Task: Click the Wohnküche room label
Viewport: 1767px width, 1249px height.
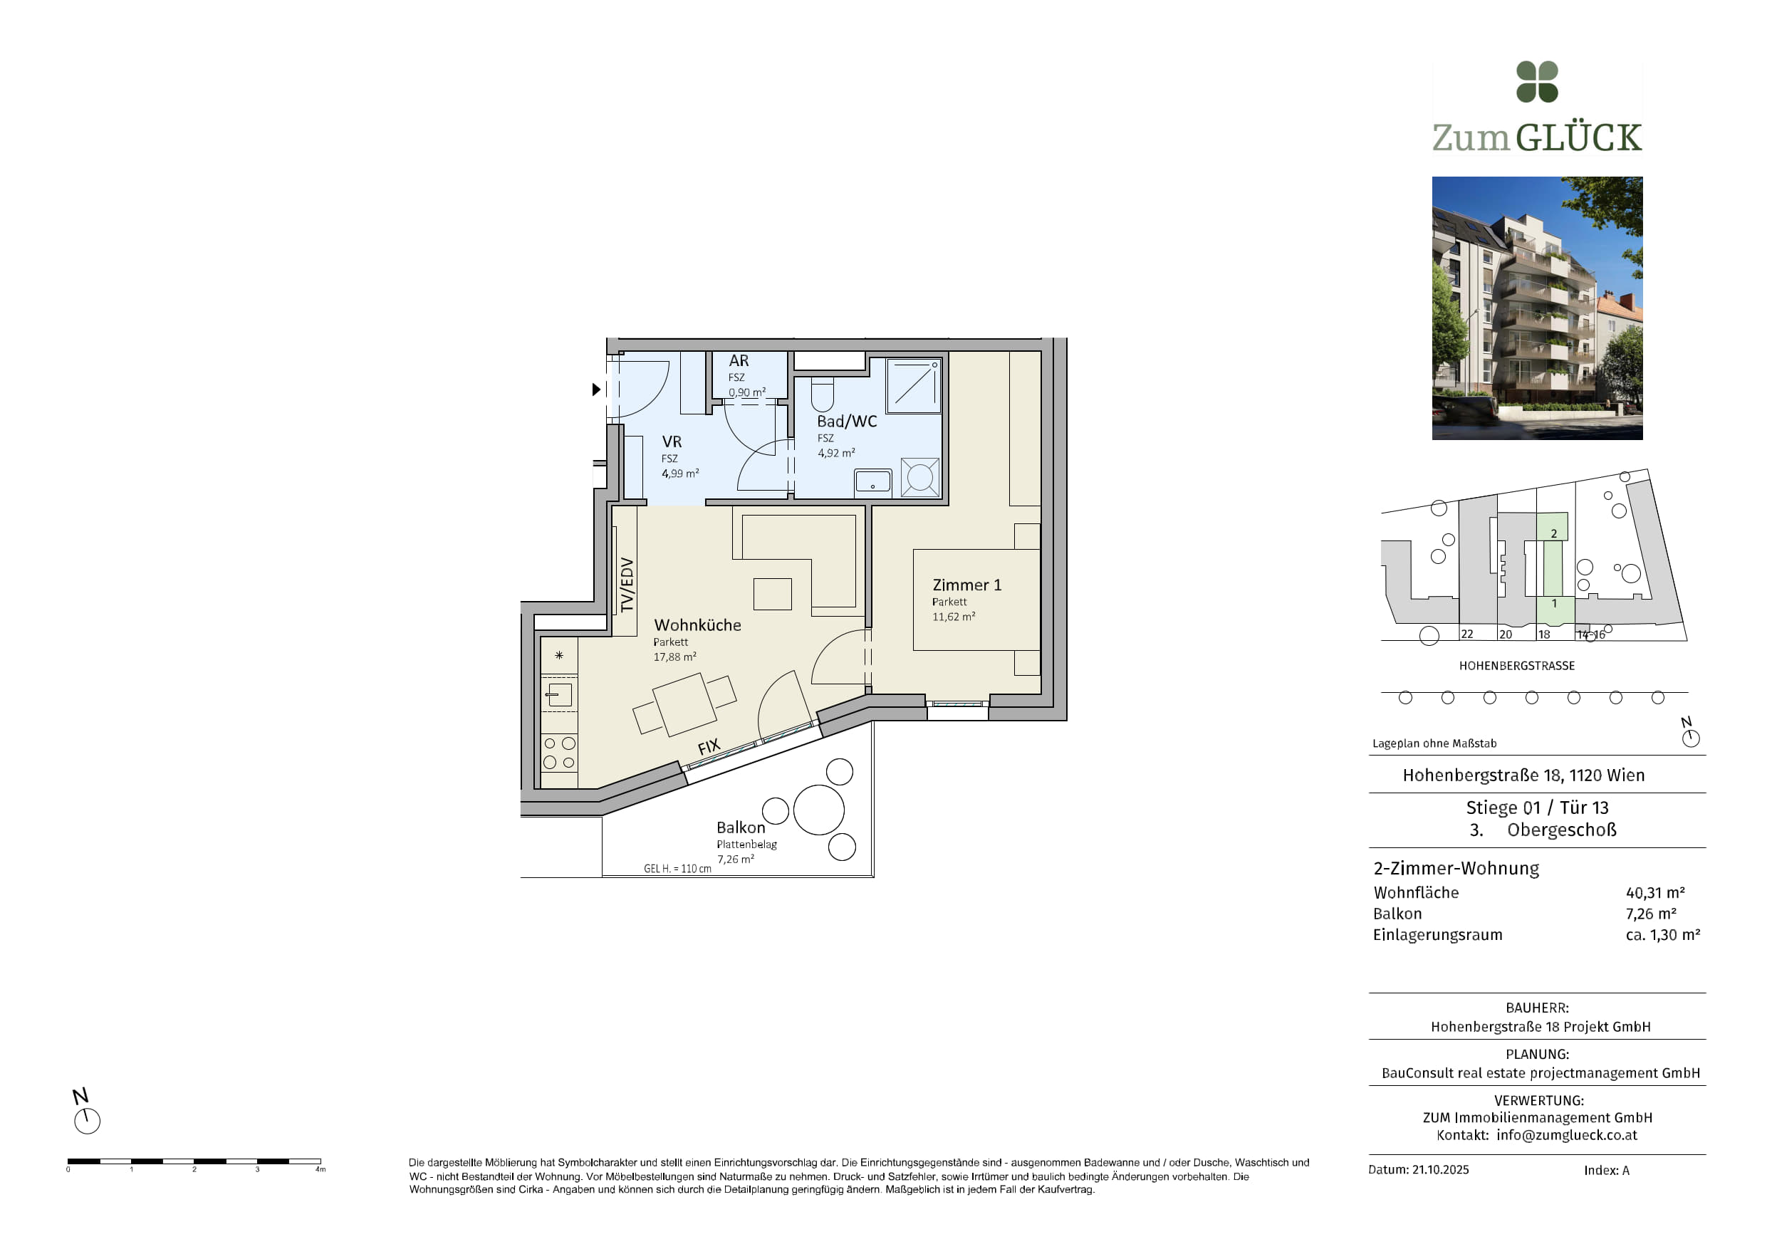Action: [x=697, y=625]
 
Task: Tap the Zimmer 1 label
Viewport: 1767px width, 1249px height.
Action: [x=966, y=585]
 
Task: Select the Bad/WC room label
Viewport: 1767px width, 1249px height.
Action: [x=847, y=421]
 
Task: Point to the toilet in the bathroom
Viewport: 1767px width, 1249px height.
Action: [x=822, y=394]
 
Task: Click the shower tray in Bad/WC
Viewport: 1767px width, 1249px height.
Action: [x=914, y=385]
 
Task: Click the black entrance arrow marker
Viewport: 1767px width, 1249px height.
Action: [x=596, y=390]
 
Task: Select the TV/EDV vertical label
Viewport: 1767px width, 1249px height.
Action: [x=627, y=585]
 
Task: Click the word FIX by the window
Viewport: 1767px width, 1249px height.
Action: [x=709, y=746]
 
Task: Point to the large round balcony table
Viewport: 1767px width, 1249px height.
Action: [x=819, y=810]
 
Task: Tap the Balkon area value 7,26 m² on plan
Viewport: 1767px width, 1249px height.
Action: [x=736, y=859]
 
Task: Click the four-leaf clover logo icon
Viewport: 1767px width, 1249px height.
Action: [x=1537, y=82]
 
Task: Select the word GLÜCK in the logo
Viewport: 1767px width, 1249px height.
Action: [x=1579, y=137]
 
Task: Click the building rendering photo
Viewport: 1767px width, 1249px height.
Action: [x=1537, y=308]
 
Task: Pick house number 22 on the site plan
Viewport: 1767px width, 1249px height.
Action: [x=1467, y=634]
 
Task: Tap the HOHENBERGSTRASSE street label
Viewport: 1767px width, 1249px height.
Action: [x=1517, y=666]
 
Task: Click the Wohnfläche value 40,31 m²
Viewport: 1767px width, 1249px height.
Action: [x=1655, y=893]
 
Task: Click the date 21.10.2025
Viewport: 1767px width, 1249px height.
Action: [x=1441, y=1170]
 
